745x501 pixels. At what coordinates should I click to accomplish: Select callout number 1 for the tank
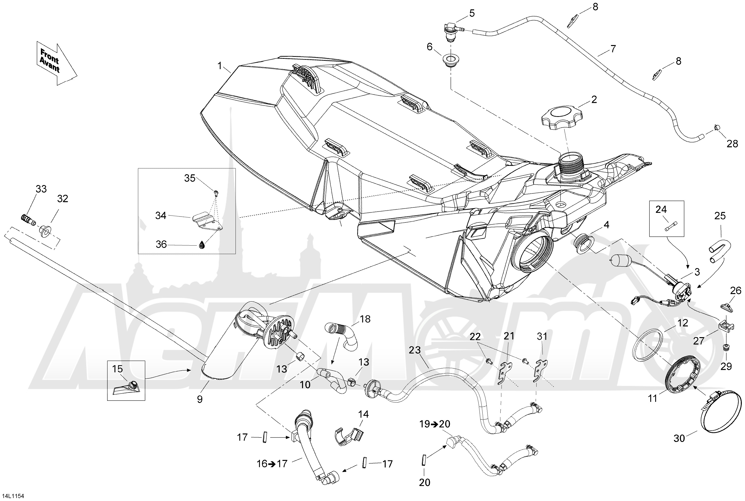220,66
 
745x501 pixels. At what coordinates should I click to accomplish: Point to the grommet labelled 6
450,60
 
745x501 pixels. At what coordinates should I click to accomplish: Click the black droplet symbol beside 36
202,245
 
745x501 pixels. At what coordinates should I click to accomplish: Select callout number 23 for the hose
415,350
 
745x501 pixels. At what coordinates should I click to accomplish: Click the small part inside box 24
668,228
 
